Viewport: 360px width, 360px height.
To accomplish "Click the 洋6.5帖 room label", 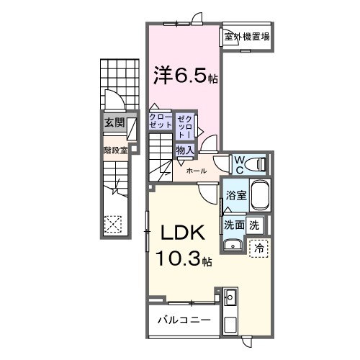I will [x=183, y=75].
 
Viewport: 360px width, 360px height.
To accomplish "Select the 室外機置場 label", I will [x=246, y=37].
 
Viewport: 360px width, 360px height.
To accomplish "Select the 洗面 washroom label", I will [x=233, y=224].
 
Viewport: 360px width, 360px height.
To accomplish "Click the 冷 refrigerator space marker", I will [x=258, y=247].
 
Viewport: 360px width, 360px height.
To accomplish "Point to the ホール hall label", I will [x=197, y=171].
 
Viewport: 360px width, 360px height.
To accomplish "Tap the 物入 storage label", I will [x=184, y=150].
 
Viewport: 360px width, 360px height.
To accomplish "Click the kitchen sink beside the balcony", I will [x=230, y=297].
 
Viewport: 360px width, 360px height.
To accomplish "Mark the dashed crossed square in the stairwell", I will [x=113, y=224].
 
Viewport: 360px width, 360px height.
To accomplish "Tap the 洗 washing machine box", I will [x=254, y=224].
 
